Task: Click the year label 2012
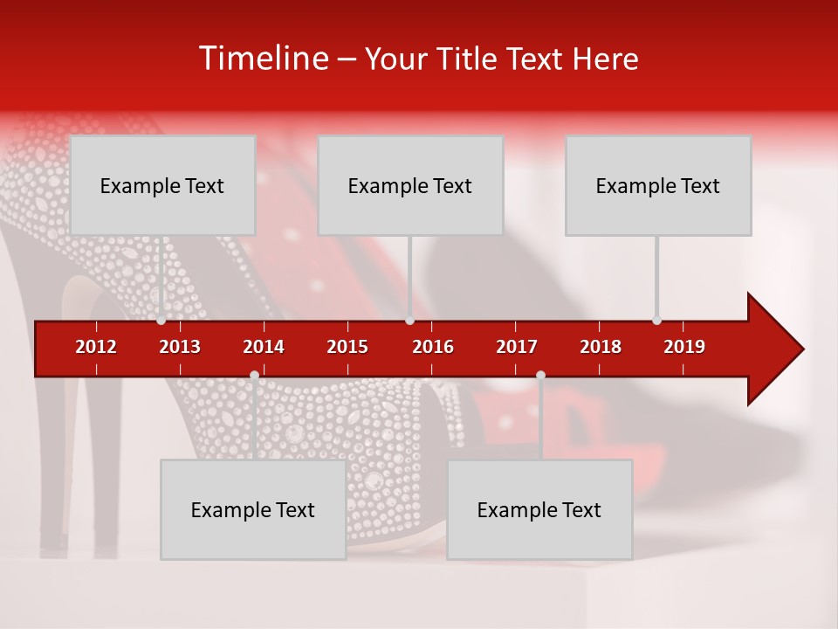[96, 347]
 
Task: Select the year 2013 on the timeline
[180, 347]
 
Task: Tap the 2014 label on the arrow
[264, 347]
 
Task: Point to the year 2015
[347, 347]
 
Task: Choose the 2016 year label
[433, 347]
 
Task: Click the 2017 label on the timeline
[517, 347]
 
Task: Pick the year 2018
[601, 347]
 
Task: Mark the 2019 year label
[684, 347]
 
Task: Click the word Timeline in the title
[262, 59]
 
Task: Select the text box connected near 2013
[162, 185]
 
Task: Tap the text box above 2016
[410, 185]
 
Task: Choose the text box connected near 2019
[658, 185]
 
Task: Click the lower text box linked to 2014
[253, 509]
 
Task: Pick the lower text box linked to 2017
[539, 509]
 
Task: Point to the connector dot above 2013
[161, 321]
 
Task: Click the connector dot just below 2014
[254, 375]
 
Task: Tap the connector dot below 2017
[540, 375]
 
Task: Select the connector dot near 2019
[656, 321]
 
